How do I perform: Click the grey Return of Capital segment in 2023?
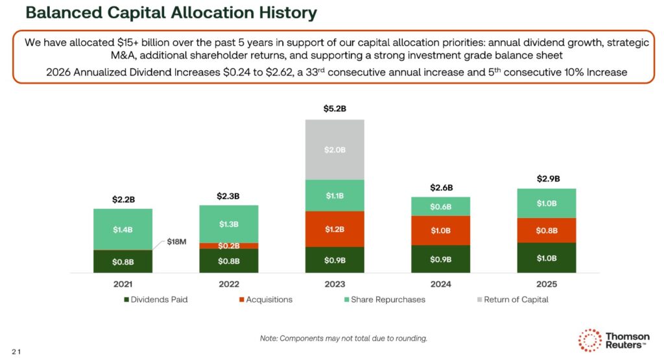point(335,150)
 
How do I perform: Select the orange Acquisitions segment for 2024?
point(440,230)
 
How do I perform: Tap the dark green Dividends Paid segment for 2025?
point(546,258)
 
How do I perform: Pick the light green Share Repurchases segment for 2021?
point(123,230)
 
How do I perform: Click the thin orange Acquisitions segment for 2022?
point(228,246)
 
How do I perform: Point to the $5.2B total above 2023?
point(335,109)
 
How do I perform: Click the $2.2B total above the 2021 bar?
point(123,198)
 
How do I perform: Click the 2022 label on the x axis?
point(228,284)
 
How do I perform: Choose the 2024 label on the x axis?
point(440,284)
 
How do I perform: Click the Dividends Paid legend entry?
point(155,300)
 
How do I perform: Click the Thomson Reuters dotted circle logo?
point(589,340)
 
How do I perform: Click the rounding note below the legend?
point(344,338)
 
